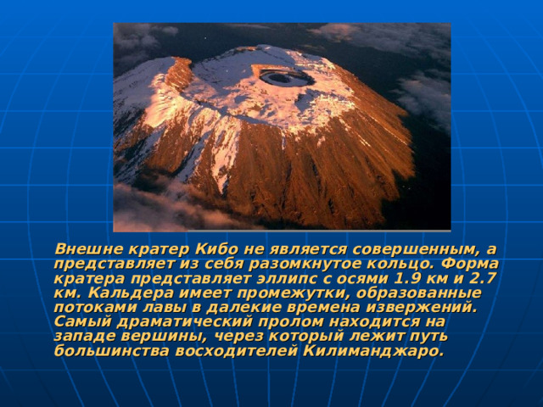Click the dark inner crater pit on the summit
[283, 79]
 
